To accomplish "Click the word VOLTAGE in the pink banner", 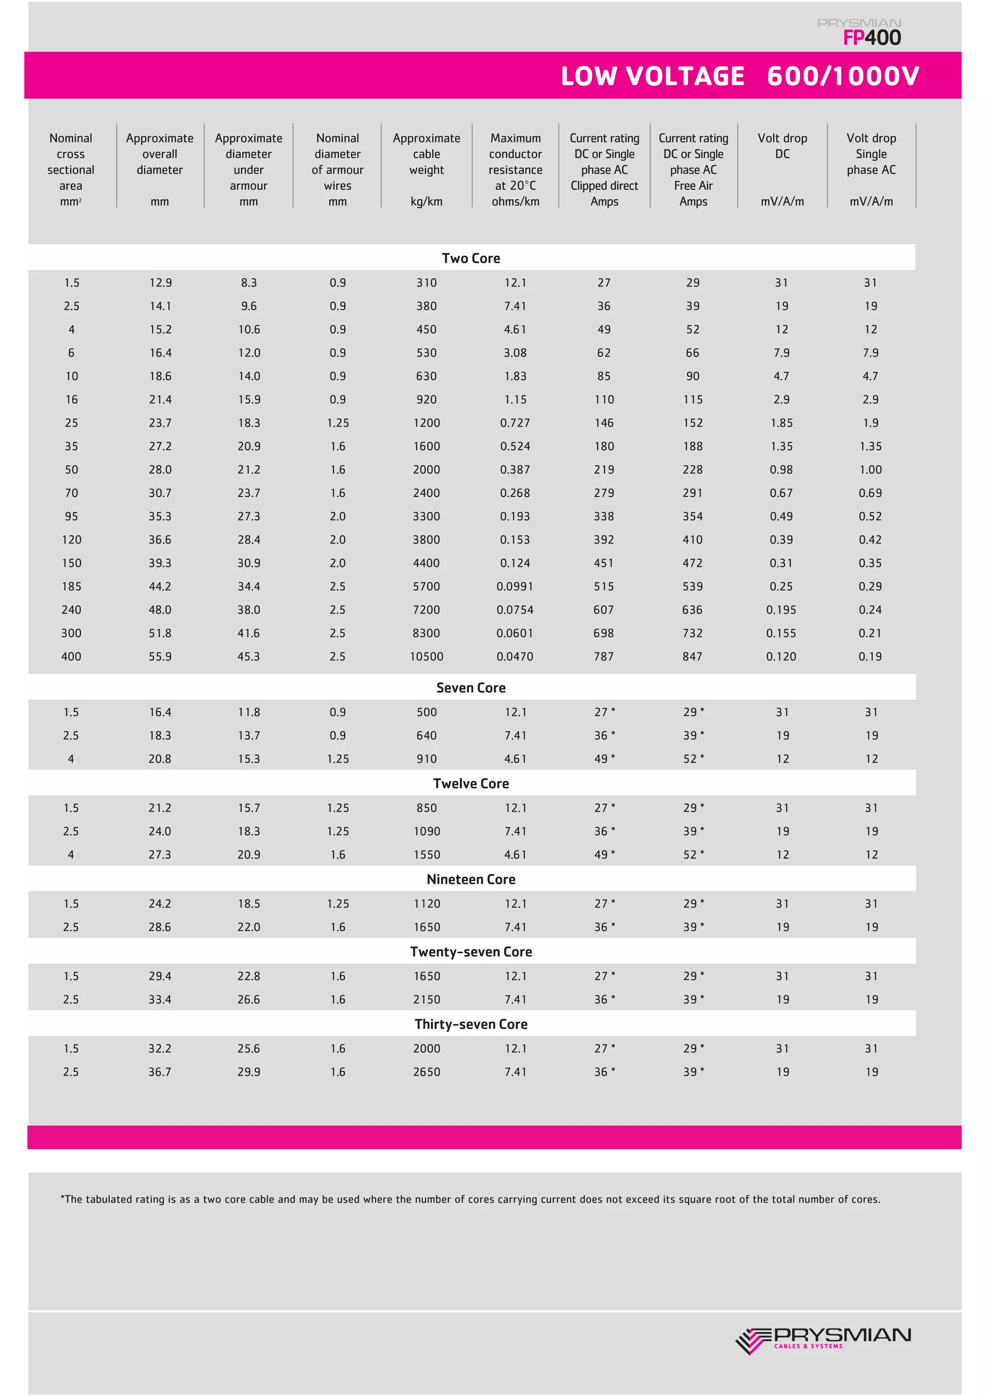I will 685,77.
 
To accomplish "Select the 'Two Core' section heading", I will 471,258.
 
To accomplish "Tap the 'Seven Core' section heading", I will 471,688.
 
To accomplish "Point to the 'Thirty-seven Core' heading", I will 471,1024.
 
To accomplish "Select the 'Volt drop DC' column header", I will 782,146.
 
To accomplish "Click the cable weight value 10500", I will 427,657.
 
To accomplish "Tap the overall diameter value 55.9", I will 160,657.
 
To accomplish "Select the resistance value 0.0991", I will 515,587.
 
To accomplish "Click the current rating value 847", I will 693,657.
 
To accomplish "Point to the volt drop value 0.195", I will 781,610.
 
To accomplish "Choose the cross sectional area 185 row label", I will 71,587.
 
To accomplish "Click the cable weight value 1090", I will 427,831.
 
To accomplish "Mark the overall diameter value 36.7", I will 160,1072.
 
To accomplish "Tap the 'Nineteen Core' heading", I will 471,879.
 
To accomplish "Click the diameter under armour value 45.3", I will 248,657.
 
